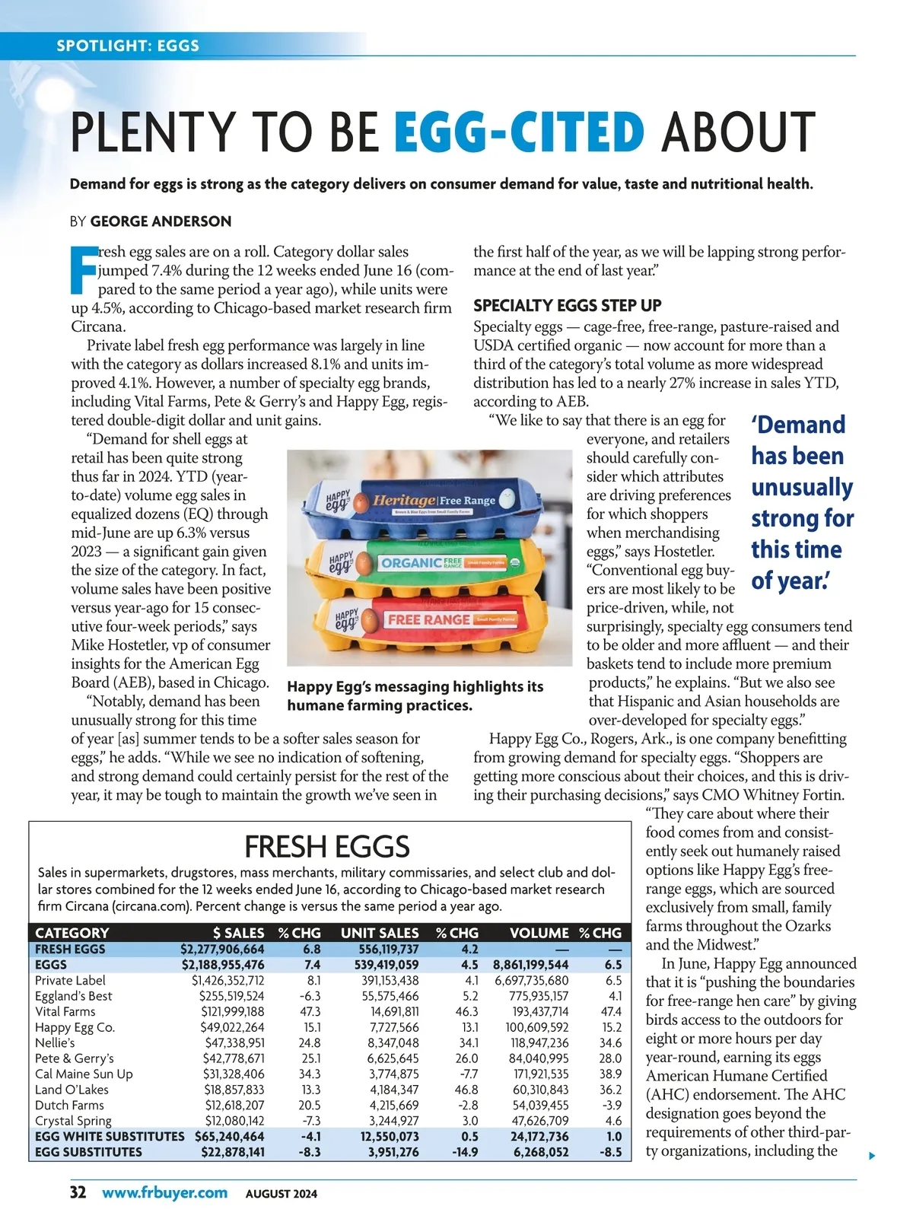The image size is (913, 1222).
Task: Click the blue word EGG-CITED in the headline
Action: [x=520, y=132]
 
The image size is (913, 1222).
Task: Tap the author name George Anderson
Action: [x=161, y=221]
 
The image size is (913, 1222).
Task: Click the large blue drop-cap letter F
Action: [x=84, y=269]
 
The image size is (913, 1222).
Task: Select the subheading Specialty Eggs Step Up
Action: [x=567, y=306]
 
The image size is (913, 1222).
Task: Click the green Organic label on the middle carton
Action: [x=412, y=563]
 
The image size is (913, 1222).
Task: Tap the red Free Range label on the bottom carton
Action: [x=428, y=619]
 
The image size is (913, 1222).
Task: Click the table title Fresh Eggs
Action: [x=327, y=847]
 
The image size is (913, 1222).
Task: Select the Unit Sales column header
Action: [x=380, y=933]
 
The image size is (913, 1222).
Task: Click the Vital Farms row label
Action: [x=65, y=1011]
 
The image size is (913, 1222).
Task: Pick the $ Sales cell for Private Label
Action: [x=227, y=980]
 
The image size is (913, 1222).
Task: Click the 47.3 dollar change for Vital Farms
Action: [x=310, y=1011]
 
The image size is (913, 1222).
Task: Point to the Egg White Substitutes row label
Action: [x=110, y=1136]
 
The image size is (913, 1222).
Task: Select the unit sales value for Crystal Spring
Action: [x=393, y=1121]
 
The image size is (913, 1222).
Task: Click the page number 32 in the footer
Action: [x=78, y=1192]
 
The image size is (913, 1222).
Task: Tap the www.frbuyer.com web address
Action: [x=164, y=1192]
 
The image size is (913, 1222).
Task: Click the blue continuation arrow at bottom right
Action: [x=872, y=1156]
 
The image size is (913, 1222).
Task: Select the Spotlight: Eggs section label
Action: [x=128, y=46]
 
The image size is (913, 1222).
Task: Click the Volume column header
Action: [x=539, y=933]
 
